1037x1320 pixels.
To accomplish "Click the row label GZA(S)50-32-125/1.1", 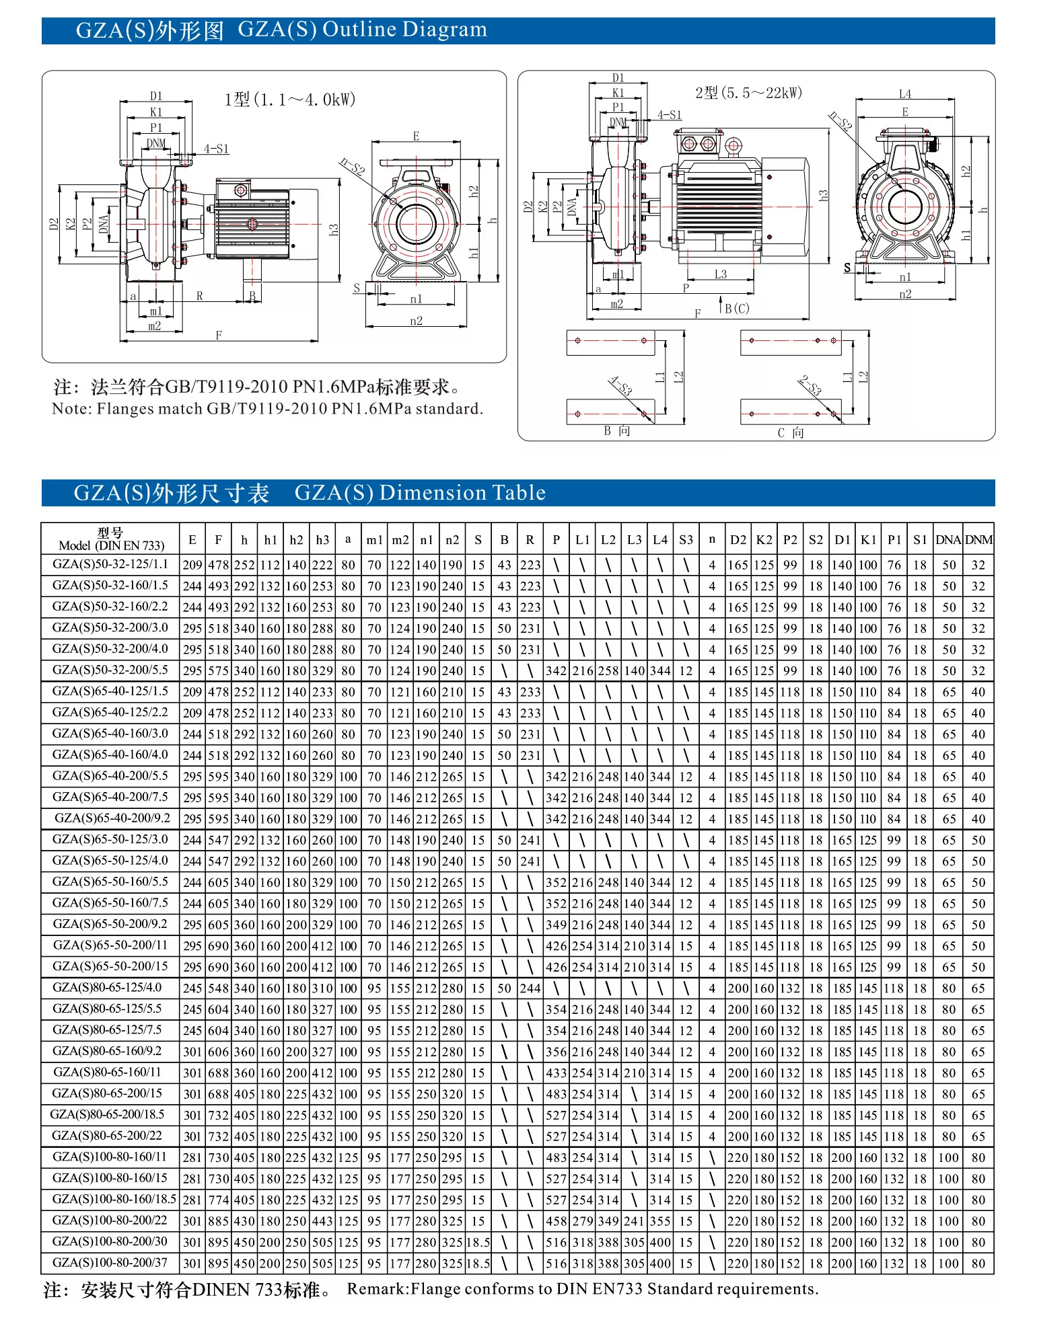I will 110,565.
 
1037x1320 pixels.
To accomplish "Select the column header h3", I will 322,540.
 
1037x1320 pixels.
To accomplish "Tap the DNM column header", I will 978,540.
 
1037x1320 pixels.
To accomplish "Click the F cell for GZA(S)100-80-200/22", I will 219,1221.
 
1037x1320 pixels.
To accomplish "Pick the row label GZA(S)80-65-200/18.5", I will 108,1115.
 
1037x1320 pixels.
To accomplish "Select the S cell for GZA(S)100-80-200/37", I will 478,1264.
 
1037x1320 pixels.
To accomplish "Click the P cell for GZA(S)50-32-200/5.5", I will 556,671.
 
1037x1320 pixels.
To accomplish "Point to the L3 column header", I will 634,540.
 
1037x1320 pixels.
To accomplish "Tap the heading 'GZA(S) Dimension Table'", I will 420,493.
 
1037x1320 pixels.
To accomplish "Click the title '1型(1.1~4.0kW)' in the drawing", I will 289,100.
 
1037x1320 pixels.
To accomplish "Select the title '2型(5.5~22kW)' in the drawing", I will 748,93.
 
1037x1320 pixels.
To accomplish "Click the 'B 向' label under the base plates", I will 616,431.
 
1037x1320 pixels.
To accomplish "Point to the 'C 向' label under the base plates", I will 790,433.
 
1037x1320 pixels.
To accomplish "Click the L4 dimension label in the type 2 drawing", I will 905,94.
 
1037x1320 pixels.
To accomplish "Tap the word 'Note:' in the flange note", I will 72,409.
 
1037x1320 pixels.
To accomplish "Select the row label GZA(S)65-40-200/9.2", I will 112,818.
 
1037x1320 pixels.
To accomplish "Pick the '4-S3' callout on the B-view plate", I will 620,386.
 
